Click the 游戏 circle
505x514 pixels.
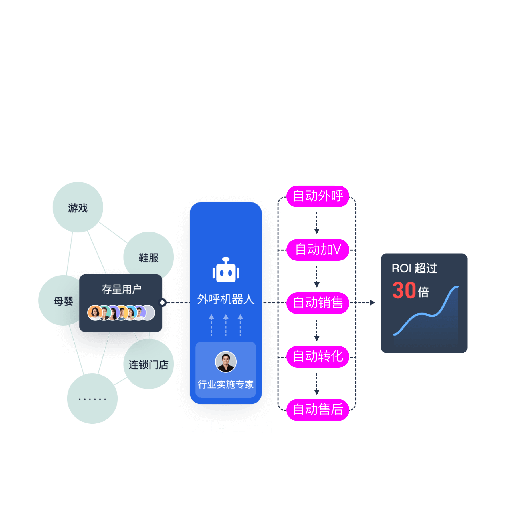pos(78,208)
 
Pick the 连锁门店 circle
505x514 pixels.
pos(149,364)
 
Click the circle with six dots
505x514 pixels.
pos(92,399)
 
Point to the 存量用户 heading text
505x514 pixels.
pos(122,289)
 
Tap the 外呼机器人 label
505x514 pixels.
pos(226,299)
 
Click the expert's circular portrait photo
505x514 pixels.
pos(226,362)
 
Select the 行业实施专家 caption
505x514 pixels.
pos(226,384)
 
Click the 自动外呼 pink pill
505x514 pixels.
pos(318,196)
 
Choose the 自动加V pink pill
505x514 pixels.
pos(318,250)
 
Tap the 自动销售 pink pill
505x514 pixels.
pos(318,303)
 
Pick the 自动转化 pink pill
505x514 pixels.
pos(318,356)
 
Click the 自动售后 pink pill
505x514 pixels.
pos(318,410)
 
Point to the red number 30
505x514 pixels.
pos(404,290)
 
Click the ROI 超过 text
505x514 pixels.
pos(414,268)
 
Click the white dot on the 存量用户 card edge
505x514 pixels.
pos(162,302)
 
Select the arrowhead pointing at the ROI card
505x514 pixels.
pos(372,302)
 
